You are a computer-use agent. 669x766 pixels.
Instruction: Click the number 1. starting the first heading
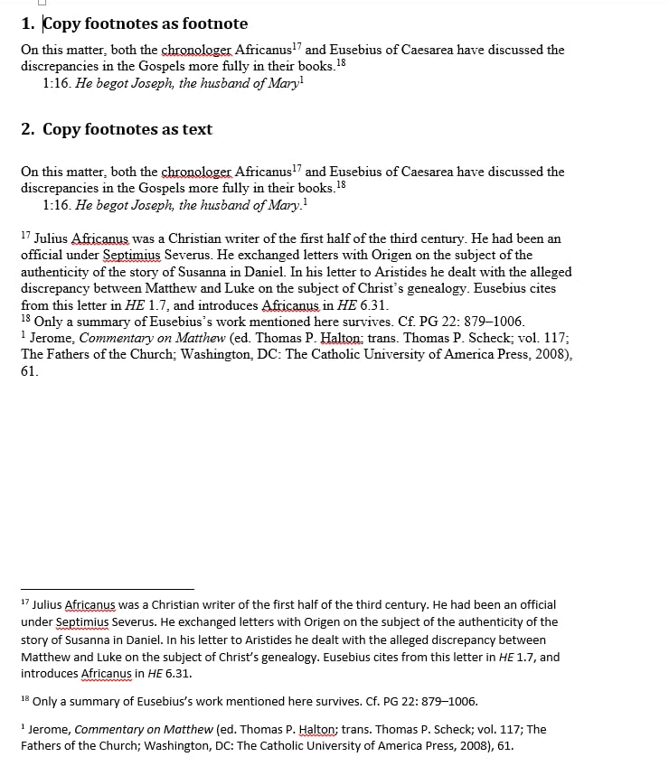click(x=28, y=24)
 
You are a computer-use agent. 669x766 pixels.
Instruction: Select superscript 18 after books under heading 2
click(x=341, y=185)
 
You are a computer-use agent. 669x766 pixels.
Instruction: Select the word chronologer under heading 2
click(x=195, y=172)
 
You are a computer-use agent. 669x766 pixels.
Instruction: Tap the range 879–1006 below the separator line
click(x=438, y=702)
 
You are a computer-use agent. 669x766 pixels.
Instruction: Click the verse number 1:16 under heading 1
click(x=56, y=83)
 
